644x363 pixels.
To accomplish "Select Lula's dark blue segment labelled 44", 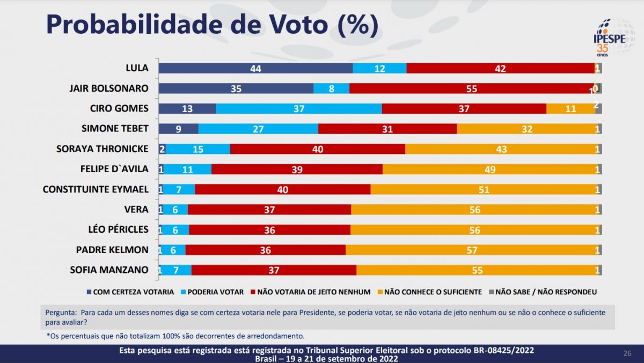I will (x=255, y=68).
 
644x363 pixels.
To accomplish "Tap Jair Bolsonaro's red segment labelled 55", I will (x=471, y=88).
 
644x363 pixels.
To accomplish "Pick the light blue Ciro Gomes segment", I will (x=299, y=108).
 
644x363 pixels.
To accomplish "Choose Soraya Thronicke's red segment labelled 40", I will (x=318, y=149).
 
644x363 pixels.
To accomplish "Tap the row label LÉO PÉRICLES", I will (x=118, y=229).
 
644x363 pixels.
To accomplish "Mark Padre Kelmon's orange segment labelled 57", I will (x=471, y=250).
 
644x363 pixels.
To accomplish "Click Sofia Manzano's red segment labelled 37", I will (x=274, y=270).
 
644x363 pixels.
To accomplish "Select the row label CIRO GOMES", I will (x=119, y=108).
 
